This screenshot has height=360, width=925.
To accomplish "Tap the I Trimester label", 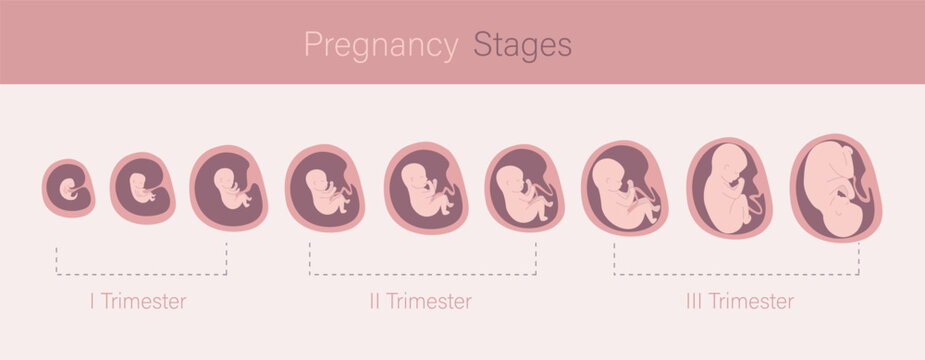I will [x=137, y=300].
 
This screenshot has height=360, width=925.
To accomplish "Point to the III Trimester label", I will [x=739, y=300].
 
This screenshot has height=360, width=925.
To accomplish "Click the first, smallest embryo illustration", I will [x=68, y=187].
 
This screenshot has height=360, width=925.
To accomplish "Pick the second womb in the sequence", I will [x=142, y=187].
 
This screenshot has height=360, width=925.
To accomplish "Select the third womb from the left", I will [x=230, y=187].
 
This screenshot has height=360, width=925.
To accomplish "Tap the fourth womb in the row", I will [x=324, y=187].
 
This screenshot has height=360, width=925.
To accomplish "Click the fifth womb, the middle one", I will [x=426, y=187].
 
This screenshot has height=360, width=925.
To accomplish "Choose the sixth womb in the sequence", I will [x=525, y=187].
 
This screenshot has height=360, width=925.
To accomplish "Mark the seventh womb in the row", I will [x=625, y=187].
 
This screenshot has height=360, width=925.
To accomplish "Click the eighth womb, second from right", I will [x=729, y=187].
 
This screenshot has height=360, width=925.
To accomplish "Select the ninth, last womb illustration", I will [x=836, y=187].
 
